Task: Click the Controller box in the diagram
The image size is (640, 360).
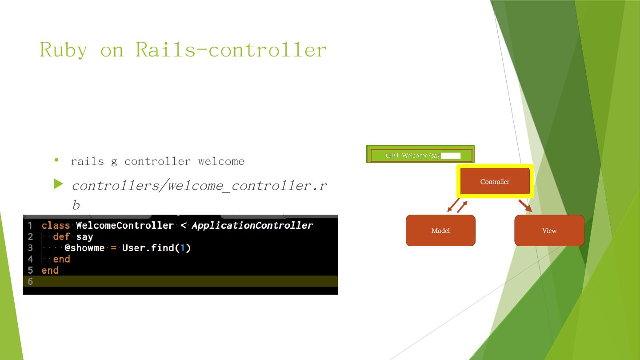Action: coord(495,181)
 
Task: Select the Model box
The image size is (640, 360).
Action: coord(440,230)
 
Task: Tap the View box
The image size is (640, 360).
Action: coord(549,230)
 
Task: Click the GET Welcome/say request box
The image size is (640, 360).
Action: coord(420,155)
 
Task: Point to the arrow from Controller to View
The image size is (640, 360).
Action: coord(525,206)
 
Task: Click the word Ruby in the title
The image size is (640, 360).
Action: coord(63,49)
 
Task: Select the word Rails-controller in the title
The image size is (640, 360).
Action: coord(231,49)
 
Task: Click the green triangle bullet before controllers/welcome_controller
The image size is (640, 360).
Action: coord(59,184)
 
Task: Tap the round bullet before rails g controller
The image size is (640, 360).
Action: coord(56,160)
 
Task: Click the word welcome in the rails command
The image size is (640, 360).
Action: coord(221,161)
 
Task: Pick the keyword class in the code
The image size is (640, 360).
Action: coord(56,225)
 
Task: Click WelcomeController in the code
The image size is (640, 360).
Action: coord(124,225)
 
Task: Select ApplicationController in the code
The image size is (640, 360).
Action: coord(252,225)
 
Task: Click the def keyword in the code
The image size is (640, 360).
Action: coord(61,236)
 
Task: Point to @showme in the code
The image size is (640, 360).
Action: coord(84,248)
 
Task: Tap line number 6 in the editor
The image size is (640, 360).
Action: coord(30,281)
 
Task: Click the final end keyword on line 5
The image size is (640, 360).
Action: coord(50,270)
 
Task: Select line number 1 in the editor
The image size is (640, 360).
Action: coord(30,225)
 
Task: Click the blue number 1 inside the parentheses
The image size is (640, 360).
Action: coord(182,248)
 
